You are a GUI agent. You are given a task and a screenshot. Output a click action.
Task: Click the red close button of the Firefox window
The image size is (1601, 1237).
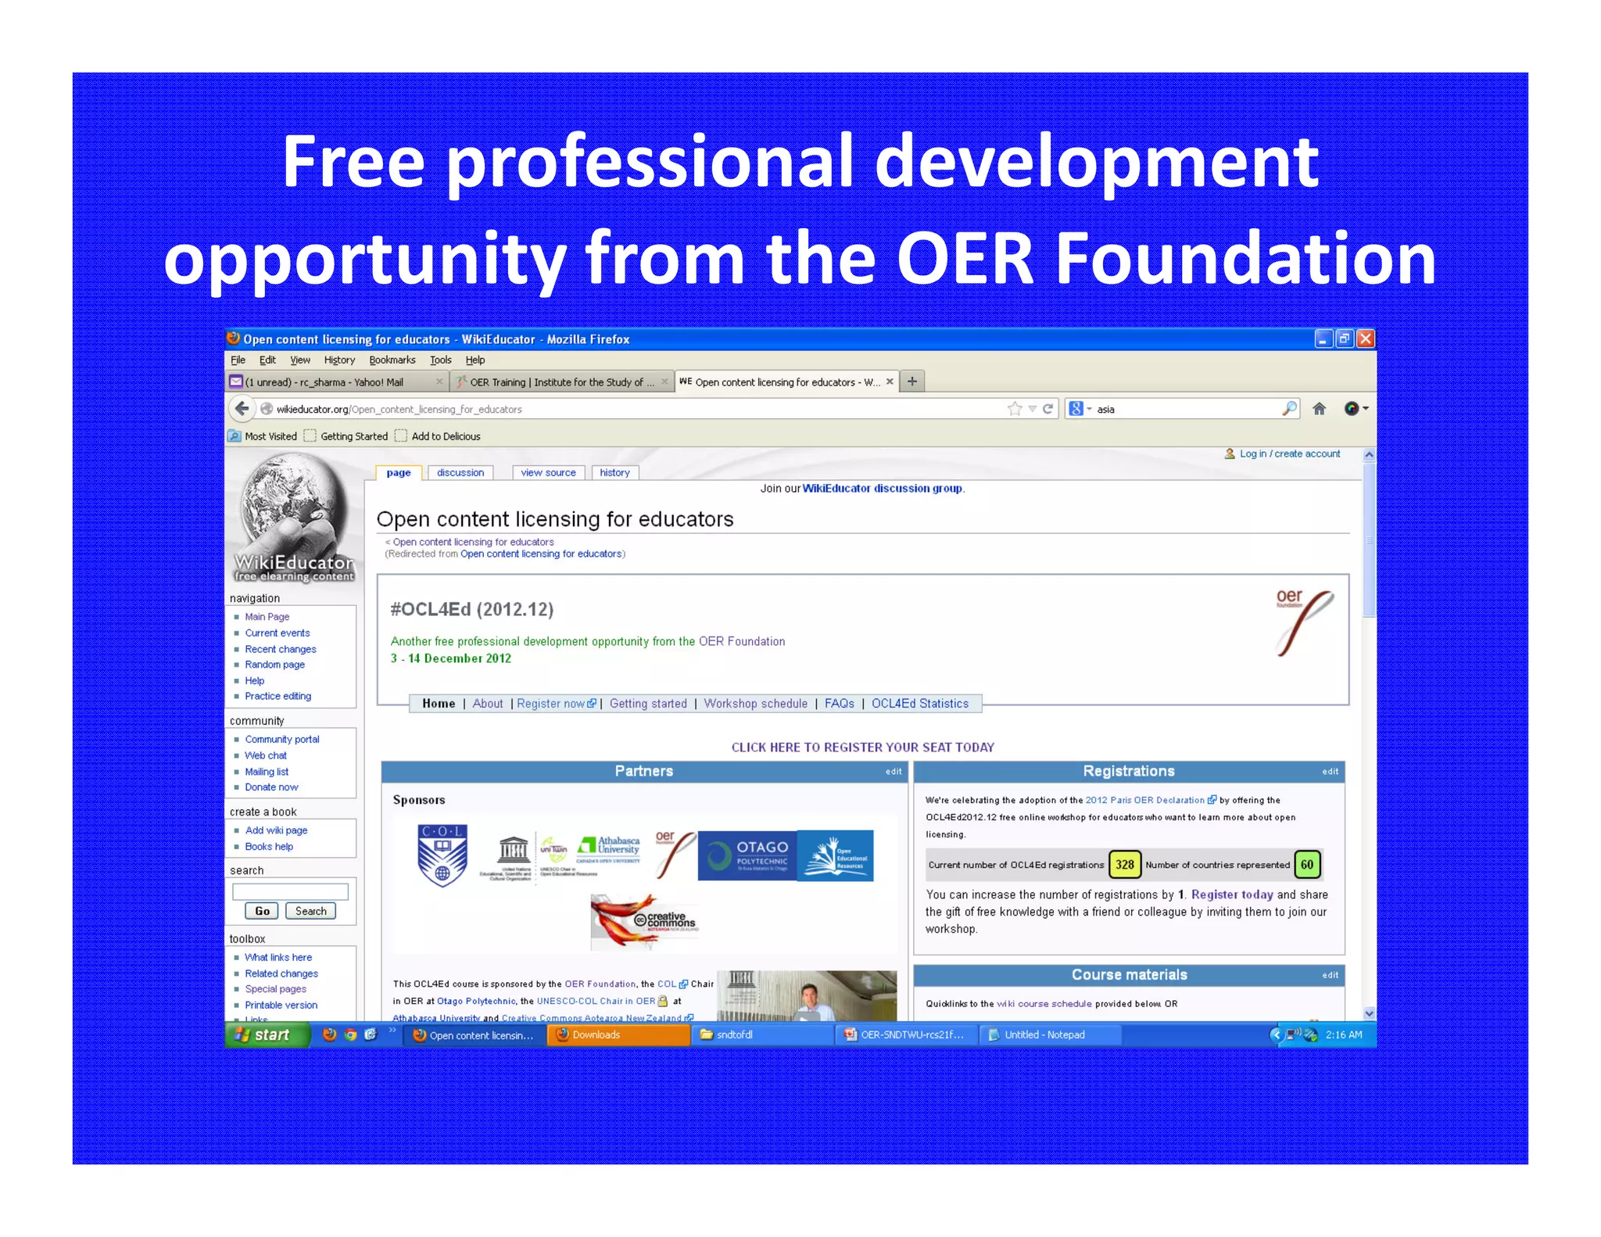click(x=1365, y=339)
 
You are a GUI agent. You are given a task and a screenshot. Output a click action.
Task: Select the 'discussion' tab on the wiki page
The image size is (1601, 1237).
click(x=460, y=472)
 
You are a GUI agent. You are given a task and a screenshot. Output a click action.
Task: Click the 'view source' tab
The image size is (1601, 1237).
click(x=548, y=472)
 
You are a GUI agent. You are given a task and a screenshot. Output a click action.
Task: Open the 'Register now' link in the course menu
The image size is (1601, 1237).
click(x=551, y=704)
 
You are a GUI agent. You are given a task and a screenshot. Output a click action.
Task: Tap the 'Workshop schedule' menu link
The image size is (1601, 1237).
click(x=755, y=704)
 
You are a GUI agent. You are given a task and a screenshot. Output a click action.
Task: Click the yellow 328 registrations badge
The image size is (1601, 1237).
click(x=1124, y=865)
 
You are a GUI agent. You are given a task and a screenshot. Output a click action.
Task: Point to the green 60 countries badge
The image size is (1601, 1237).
click(x=1307, y=865)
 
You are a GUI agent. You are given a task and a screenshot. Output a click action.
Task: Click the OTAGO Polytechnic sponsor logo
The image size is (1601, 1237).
click(x=747, y=855)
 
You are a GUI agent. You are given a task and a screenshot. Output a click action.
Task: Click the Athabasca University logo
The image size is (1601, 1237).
click(x=609, y=848)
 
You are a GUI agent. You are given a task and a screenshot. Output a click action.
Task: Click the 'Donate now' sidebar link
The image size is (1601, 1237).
click(x=271, y=787)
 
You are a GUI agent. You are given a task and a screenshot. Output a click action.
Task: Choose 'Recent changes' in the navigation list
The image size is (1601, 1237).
click(x=280, y=649)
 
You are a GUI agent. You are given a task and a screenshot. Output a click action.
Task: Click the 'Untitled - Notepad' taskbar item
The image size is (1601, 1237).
click(x=1044, y=1034)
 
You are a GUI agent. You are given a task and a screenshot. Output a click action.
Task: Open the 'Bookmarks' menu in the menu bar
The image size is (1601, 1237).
click(x=392, y=360)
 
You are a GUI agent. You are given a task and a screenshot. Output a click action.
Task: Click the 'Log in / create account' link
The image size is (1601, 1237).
click(x=1289, y=454)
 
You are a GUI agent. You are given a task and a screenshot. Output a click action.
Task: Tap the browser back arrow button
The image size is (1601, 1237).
click(x=242, y=408)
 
